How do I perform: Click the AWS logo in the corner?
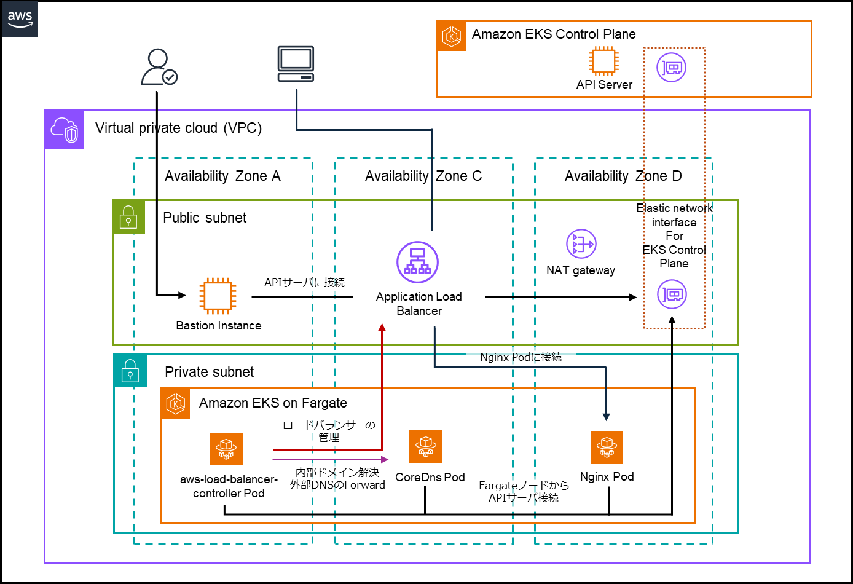click(20, 18)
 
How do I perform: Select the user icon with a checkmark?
click(159, 67)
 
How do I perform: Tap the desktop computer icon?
click(296, 64)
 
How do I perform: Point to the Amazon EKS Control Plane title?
click(553, 34)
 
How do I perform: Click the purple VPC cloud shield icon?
click(65, 130)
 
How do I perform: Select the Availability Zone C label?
click(423, 176)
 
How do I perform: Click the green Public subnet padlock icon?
click(128, 217)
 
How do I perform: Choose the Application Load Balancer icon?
click(418, 262)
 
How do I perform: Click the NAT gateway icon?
click(581, 244)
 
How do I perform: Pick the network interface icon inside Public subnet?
click(672, 294)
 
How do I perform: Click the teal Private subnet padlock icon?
click(130, 371)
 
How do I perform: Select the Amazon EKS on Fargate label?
click(273, 403)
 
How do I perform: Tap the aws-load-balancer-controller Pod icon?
click(226, 449)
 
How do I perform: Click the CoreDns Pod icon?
click(426, 446)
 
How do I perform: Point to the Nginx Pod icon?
click(607, 447)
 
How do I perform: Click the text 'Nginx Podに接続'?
click(521, 357)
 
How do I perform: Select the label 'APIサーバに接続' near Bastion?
click(304, 283)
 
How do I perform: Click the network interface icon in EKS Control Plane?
click(671, 67)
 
